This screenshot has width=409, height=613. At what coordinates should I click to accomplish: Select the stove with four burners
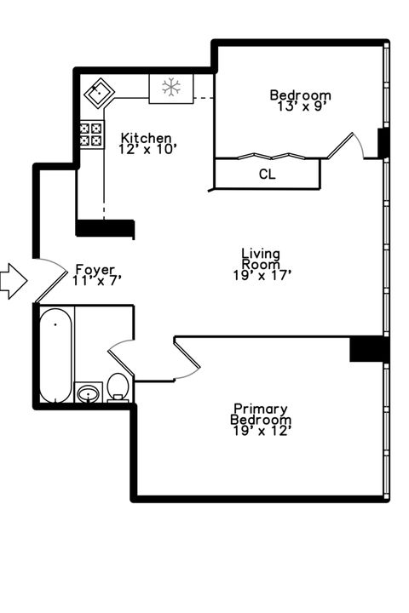coord(91,134)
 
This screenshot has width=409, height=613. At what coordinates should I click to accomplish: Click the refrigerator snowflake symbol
coord(171,88)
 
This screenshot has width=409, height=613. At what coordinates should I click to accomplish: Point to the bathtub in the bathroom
coord(56,356)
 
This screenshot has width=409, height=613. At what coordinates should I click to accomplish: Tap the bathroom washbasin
coord(88,392)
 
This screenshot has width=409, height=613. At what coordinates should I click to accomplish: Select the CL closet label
coord(267,175)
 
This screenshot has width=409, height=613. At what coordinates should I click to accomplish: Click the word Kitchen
coord(146,138)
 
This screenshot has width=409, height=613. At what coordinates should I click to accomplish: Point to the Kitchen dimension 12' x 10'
coord(146,148)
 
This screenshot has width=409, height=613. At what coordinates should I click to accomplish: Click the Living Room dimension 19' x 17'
coord(262,274)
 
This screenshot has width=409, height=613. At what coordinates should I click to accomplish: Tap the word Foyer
coord(95,269)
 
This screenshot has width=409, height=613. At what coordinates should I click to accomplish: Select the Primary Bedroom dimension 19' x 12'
coord(262,431)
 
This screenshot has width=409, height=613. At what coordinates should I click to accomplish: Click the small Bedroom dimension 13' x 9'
coord(300,106)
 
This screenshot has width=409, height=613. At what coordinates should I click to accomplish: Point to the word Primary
coord(261,409)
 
